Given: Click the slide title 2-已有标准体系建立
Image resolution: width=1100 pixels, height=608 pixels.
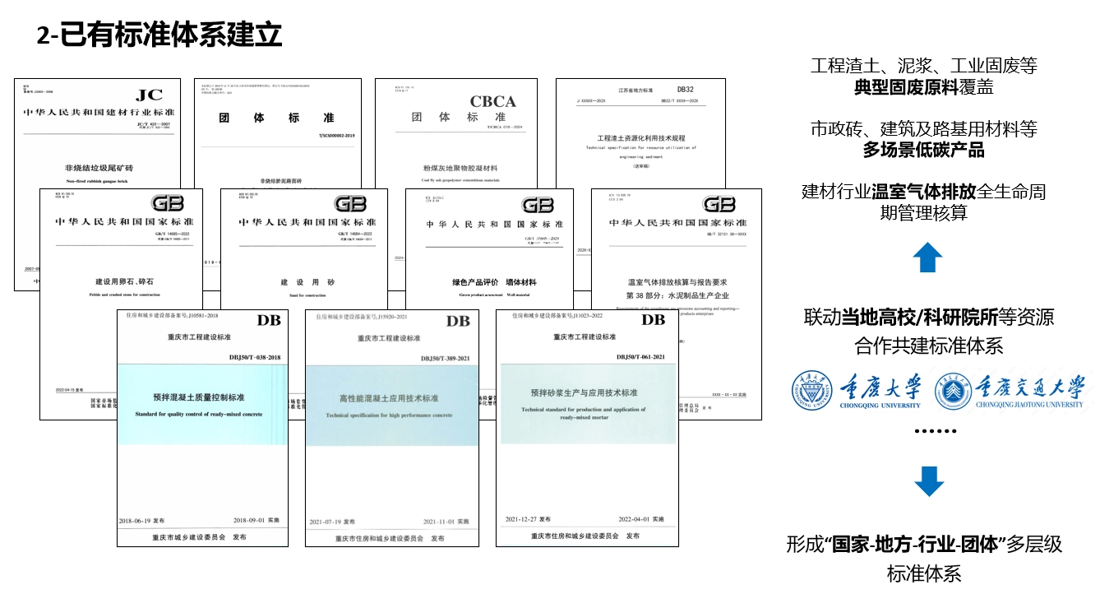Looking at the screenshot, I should [x=160, y=35].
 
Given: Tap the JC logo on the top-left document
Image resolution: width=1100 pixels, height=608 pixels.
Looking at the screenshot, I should [x=149, y=95].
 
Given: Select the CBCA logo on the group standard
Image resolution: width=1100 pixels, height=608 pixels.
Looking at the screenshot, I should [x=492, y=102].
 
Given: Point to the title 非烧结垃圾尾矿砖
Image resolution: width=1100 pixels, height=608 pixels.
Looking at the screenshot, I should [x=98, y=166].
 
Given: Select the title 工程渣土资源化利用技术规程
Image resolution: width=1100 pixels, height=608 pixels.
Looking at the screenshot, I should [x=640, y=138].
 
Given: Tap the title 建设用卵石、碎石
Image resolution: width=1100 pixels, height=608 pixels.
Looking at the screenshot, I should [x=120, y=281].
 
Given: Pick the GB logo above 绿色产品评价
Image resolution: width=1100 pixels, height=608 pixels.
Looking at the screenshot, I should [x=537, y=205].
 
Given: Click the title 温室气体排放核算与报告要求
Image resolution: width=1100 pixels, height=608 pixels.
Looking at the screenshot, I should [x=677, y=281].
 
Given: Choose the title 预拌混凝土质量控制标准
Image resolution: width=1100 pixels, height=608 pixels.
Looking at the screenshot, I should [x=198, y=397].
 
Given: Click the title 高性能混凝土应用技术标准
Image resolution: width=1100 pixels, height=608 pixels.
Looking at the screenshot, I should [x=389, y=398].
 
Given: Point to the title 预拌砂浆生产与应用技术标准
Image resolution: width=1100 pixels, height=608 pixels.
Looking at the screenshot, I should [x=583, y=392].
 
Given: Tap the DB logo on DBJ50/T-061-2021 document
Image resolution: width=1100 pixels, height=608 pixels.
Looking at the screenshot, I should [x=653, y=319].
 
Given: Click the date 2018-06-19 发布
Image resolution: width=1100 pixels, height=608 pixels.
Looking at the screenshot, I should [x=142, y=521].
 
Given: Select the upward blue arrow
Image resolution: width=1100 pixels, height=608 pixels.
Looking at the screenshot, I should [x=927, y=258].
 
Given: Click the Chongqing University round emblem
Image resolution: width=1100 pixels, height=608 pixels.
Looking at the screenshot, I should [x=811, y=392].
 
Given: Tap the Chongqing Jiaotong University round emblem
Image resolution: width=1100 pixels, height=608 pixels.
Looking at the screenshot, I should [x=954, y=392].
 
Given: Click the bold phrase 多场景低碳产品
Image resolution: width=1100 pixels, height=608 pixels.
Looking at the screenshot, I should [x=923, y=151].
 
